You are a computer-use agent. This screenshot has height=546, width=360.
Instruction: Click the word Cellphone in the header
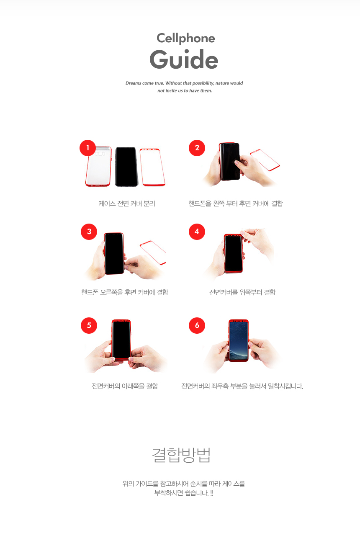[x=185, y=39]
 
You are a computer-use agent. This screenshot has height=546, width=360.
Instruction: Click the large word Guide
[x=184, y=59]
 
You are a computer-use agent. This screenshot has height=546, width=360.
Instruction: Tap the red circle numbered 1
[x=87, y=148]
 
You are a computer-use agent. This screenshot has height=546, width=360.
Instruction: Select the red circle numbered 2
[x=197, y=148]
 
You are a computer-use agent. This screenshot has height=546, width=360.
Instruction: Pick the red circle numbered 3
[x=89, y=232]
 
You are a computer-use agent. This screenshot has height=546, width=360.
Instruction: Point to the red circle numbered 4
[x=197, y=232]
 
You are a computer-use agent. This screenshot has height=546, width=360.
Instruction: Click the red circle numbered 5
[x=89, y=325]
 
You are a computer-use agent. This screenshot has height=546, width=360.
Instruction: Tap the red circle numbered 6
[x=197, y=325]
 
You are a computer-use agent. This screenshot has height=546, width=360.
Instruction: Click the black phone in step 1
[x=126, y=167]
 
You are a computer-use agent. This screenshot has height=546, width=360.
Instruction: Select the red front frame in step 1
[x=152, y=167]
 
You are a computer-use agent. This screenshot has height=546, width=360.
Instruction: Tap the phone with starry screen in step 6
[x=239, y=340]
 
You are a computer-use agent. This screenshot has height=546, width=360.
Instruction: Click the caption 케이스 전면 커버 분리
[x=127, y=204]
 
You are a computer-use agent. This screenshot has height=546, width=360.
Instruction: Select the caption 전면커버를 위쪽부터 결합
[x=242, y=292]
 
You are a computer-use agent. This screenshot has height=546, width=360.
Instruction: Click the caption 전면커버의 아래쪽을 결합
[x=125, y=386]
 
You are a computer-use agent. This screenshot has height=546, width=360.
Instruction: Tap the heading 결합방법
[x=181, y=456]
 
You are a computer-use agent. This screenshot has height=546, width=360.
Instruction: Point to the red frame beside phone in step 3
[x=153, y=252]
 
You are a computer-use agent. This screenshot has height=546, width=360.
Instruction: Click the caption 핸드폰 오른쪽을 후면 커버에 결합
[x=125, y=292]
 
